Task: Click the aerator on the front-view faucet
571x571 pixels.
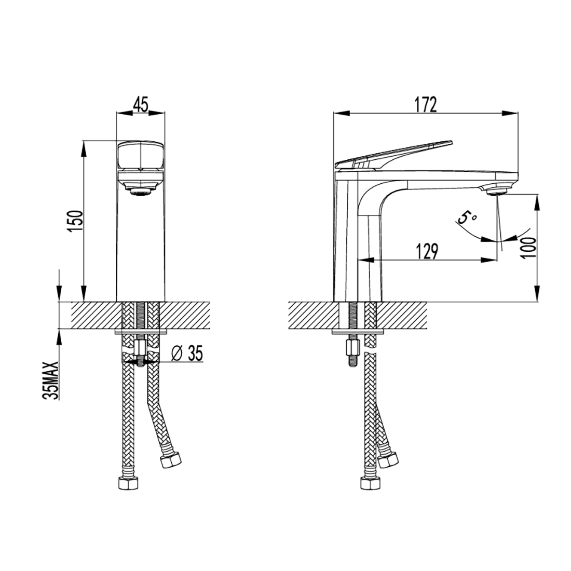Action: [x=140, y=192]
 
